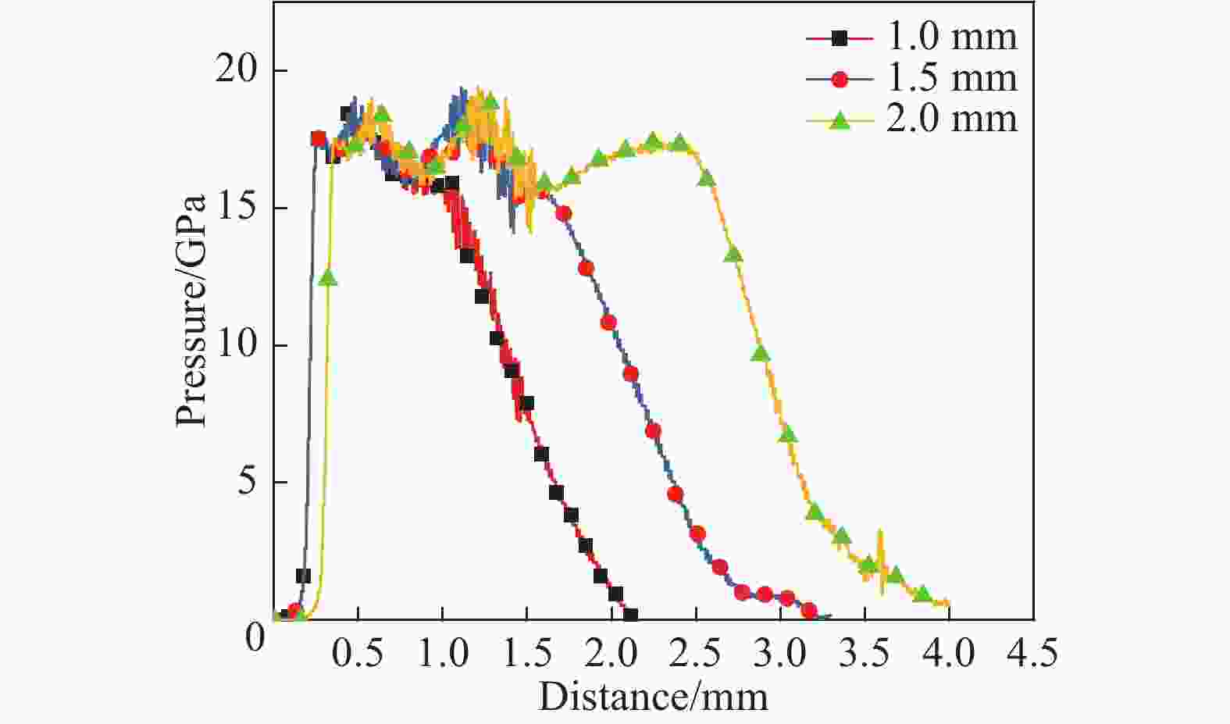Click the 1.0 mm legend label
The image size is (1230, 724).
point(952,37)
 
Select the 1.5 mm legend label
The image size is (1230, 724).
point(952,78)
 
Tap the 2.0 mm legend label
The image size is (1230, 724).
point(952,119)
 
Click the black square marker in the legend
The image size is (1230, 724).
point(840,37)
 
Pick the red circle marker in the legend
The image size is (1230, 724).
point(840,78)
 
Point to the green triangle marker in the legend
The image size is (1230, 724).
point(840,119)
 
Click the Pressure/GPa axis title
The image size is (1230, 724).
point(192,310)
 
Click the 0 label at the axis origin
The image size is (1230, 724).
point(255,640)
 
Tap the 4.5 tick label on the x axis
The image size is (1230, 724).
point(1032,653)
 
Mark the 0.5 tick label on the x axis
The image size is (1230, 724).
point(358,653)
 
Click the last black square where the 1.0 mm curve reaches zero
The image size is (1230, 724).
point(630,615)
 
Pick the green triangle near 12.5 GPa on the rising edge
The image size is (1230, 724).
point(329,277)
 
